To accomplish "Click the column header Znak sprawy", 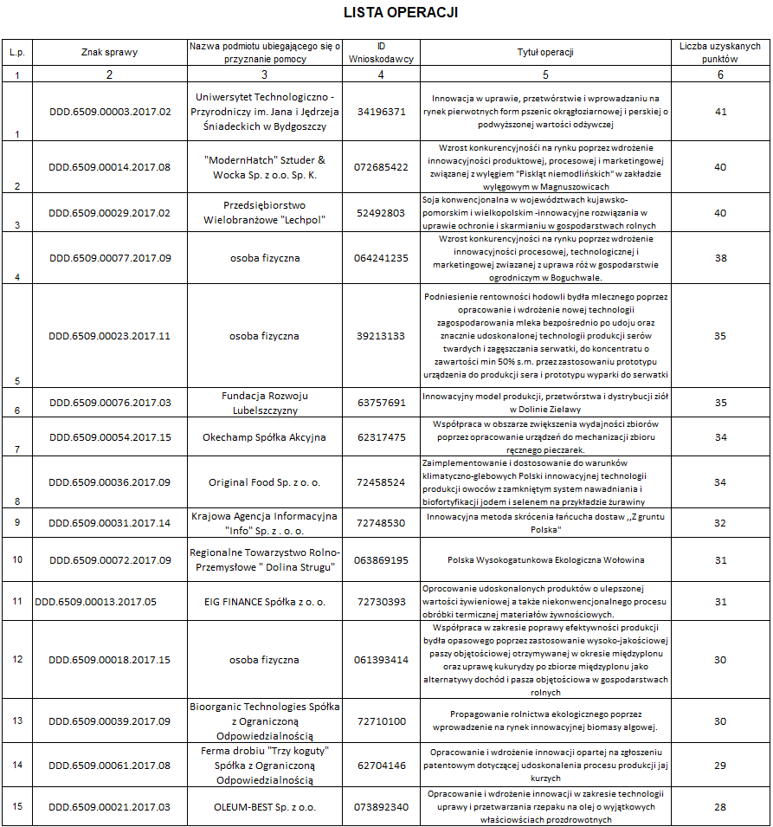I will tap(109, 52).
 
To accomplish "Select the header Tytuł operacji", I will tap(545, 52).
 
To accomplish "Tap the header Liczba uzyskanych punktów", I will tap(720, 52).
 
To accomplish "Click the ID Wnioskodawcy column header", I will tap(381, 52).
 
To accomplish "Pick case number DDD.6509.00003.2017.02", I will tap(110, 112).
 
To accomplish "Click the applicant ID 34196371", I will tap(381, 112).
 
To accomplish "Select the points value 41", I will tap(720, 112).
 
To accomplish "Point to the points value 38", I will tap(720, 257).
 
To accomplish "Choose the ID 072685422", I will tap(381, 166).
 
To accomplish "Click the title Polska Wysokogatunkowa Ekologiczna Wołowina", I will tap(545, 559).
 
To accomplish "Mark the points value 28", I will tap(720, 807).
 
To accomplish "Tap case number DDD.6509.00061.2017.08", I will tap(110, 765).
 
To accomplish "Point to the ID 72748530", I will tap(381, 523).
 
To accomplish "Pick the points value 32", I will tap(720, 523).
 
